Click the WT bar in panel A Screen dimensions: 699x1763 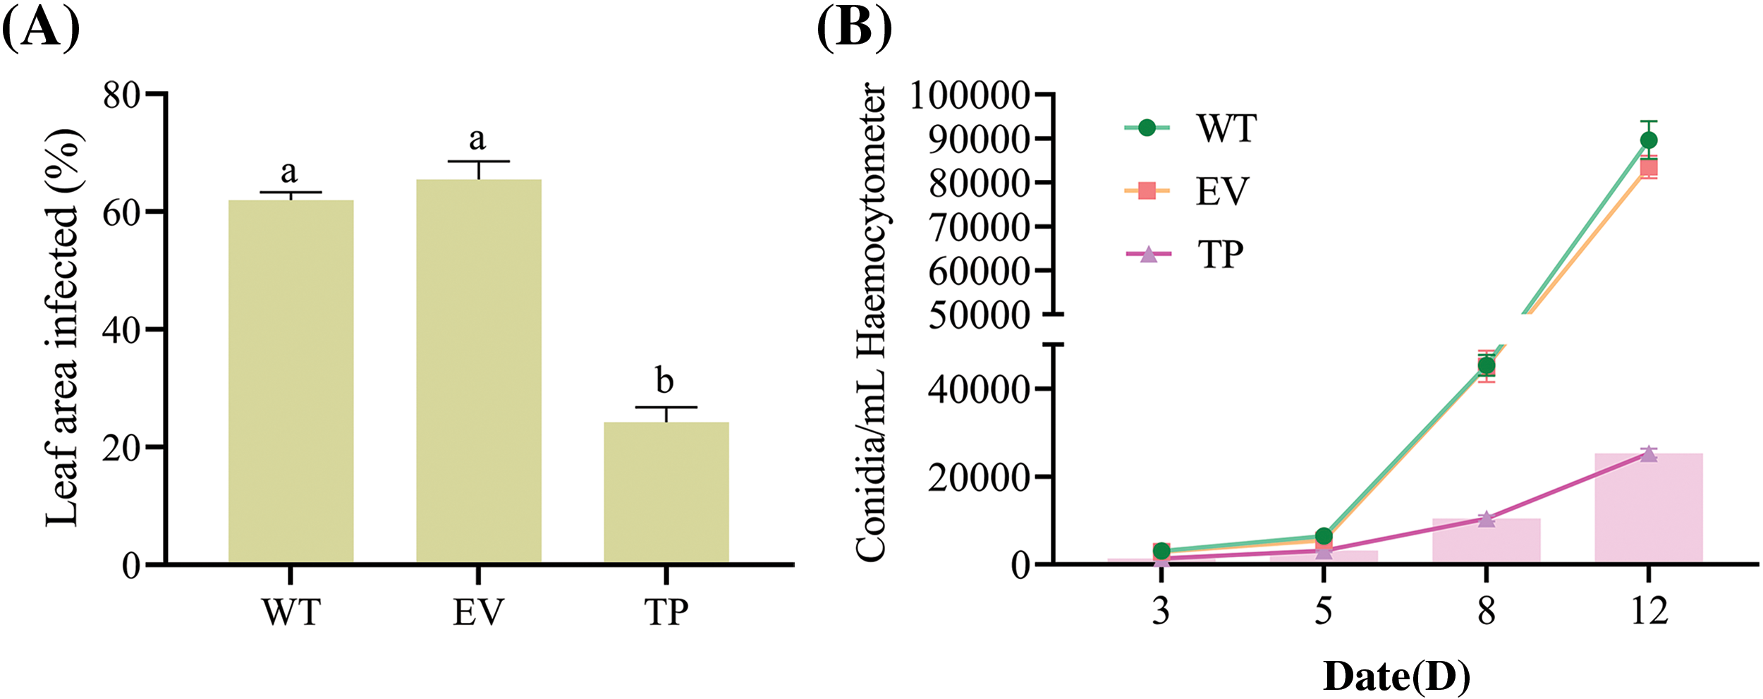pyautogui.click(x=291, y=381)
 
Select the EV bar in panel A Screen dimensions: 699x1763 pyautogui.click(x=479, y=370)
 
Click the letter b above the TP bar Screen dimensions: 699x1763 pyautogui.click(x=664, y=381)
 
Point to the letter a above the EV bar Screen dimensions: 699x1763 pyautogui.click(x=477, y=139)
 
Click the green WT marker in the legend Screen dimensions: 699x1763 pyautogui.click(x=1147, y=128)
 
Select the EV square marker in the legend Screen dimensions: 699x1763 pyautogui.click(x=1147, y=190)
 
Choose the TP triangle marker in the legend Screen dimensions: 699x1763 pyautogui.click(x=1148, y=254)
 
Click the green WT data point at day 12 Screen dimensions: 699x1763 pyautogui.click(x=1649, y=140)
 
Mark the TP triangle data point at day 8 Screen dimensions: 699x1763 pyautogui.click(x=1486, y=519)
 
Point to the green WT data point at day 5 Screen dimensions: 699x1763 pyautogui.click(x=1324, y=536)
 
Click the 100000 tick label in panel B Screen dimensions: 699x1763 pyautogui.click(x=970, y=95)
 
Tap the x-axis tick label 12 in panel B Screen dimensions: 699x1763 pyautogui.click(x=1649, y=611)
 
